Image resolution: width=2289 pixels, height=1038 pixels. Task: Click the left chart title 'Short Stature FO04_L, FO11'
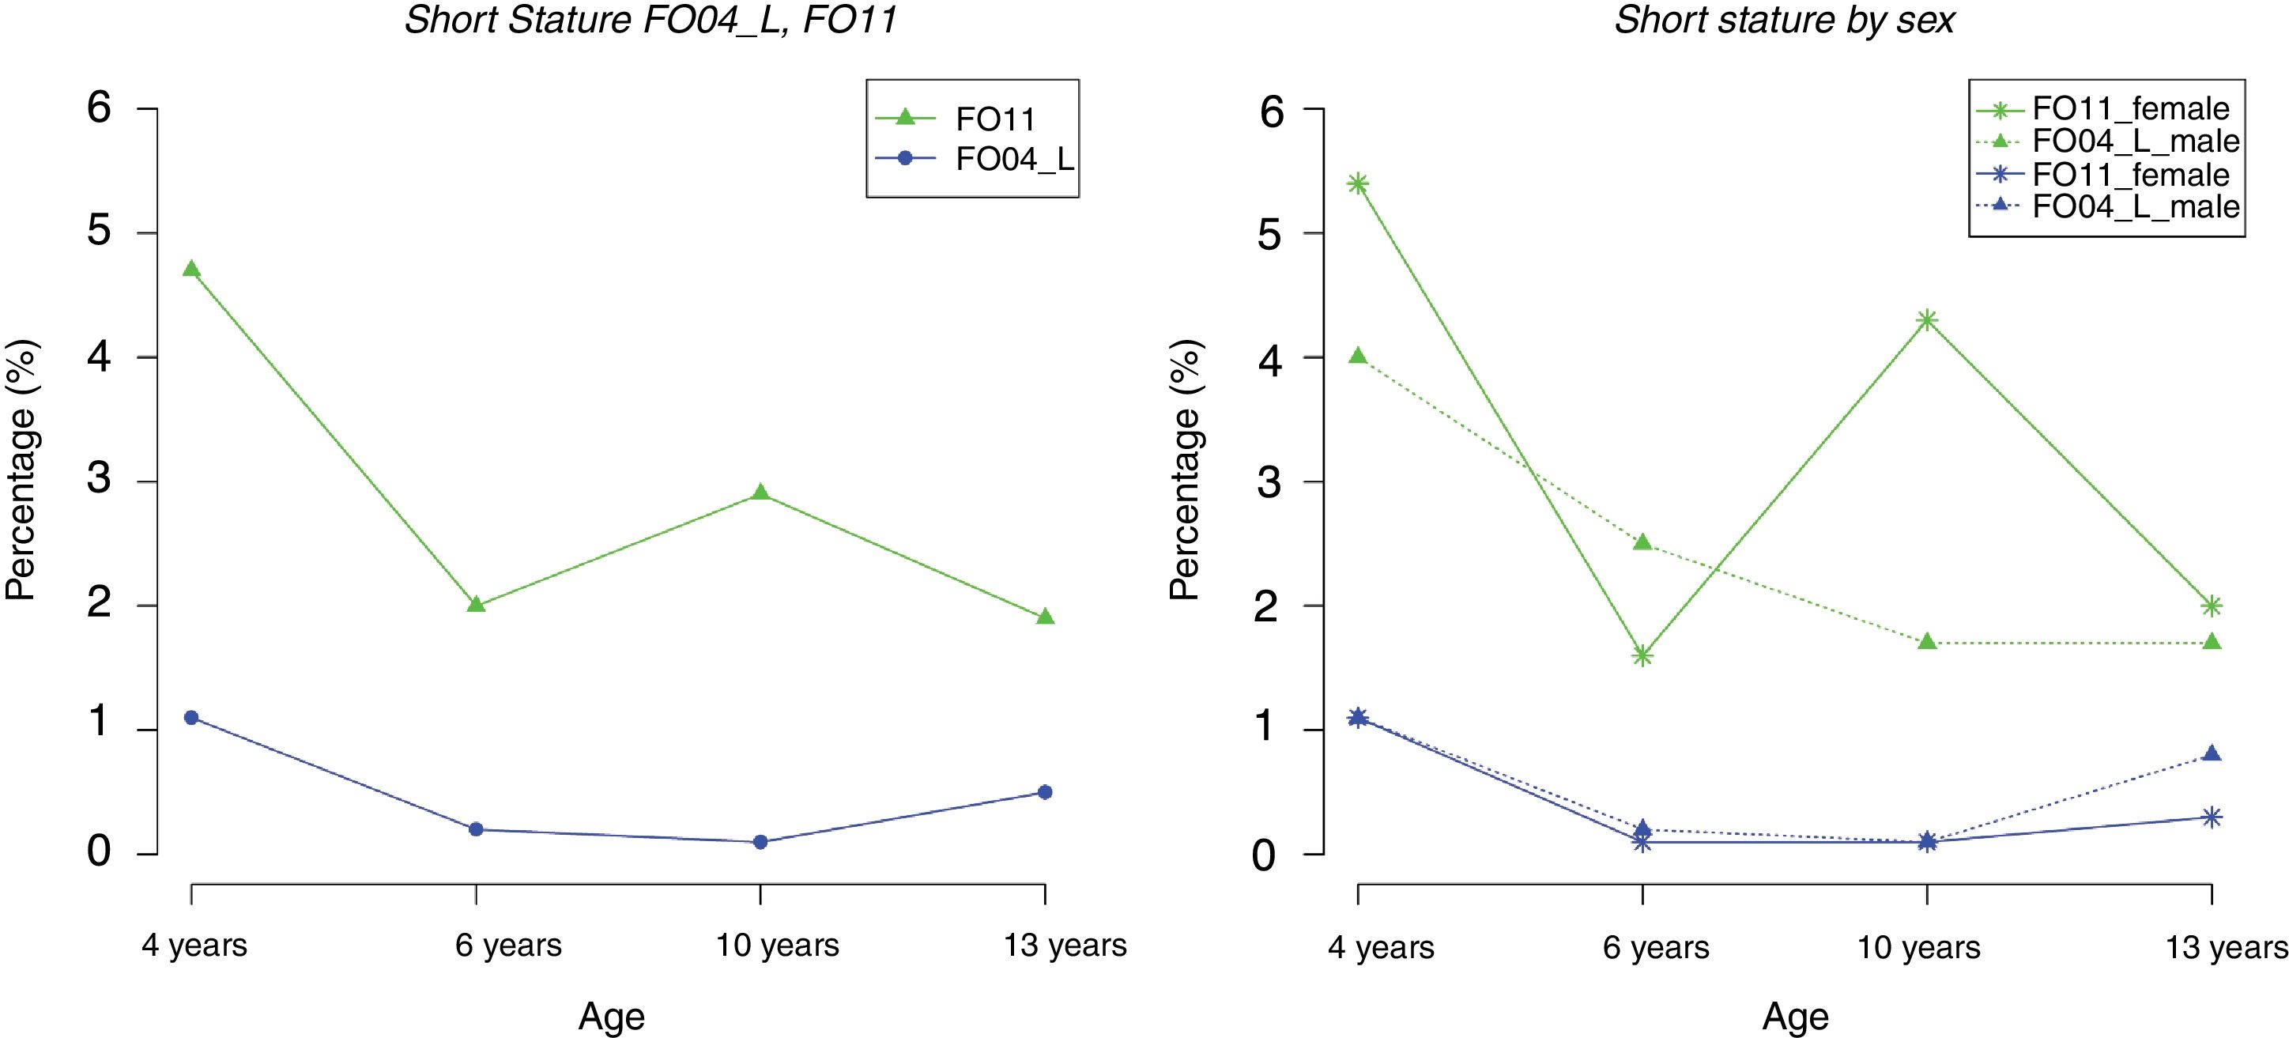pyautogui.click(x=650, y=20)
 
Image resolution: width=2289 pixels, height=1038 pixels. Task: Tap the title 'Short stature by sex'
pyautogui.click(x=1784, y=20)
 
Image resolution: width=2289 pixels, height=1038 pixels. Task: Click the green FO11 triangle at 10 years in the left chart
pyautogui.click(x=760, y=493)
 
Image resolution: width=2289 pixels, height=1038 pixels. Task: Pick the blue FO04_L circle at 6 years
pyautogui.click(x=475, y=829)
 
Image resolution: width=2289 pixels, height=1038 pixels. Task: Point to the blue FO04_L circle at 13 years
pyautogui.click(x=1045, y=792)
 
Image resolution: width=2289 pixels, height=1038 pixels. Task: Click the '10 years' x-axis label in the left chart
pyautogui.click(x=778, y=945)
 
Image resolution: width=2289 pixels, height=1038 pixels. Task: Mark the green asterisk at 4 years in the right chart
pyautogui.click(x=1358, y=184)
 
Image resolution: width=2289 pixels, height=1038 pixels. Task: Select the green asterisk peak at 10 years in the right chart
pyautogui.click(x=1926, y=320)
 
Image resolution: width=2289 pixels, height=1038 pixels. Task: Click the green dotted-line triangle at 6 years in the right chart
pyautogui.click(x=1642, y=542)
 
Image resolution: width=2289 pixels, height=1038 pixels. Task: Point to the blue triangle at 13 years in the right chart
pyautogui.click(x=2212, y=753)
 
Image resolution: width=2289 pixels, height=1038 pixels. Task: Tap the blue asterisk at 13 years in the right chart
pyautogui.click(x=2212, y=817)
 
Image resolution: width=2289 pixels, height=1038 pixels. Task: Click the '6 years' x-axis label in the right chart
pyautogui.click(x=1655, y=947)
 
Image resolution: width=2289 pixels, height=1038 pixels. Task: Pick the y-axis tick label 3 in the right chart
pyautogui.click(x=1271, y=482)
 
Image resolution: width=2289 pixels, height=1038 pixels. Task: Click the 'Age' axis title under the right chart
pyautogui.click(x=1795, y=1016)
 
